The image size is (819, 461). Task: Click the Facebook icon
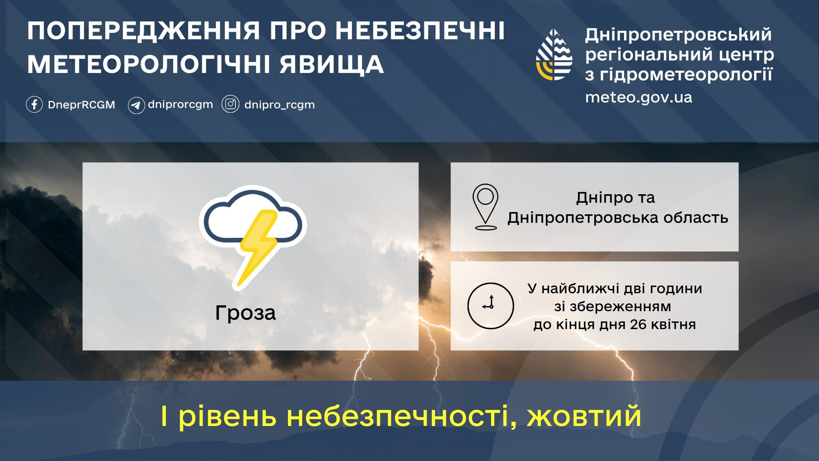(34, 105)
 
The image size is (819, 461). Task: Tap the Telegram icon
(136, 105)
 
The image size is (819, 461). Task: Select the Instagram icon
(230, 104)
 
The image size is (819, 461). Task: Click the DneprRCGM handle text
(81, 105)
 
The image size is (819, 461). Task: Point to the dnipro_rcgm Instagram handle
(279, 105)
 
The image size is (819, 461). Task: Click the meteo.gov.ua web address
(639, 98)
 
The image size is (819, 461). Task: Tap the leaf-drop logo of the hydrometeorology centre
(554, 55)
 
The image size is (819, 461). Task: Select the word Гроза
(245, 313)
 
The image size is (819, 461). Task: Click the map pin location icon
(485, 207)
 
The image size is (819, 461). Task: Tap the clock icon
(491, 306)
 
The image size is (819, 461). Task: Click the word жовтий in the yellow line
(584, 417)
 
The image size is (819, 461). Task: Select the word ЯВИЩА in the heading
(332, 64)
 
